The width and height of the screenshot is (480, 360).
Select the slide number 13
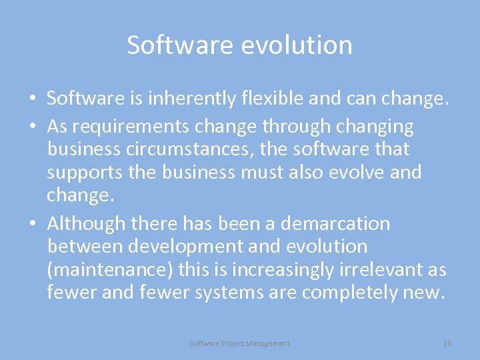[447, 343]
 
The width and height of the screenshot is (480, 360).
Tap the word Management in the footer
[268, 343]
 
